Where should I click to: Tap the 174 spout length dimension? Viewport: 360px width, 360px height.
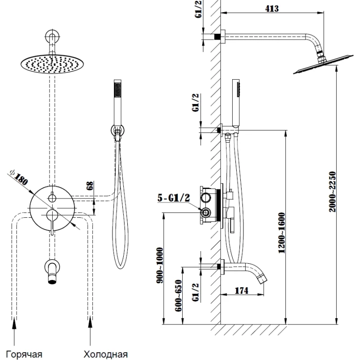click(x=242, y=291)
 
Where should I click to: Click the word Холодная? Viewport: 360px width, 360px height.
click(x=105, y=354)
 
